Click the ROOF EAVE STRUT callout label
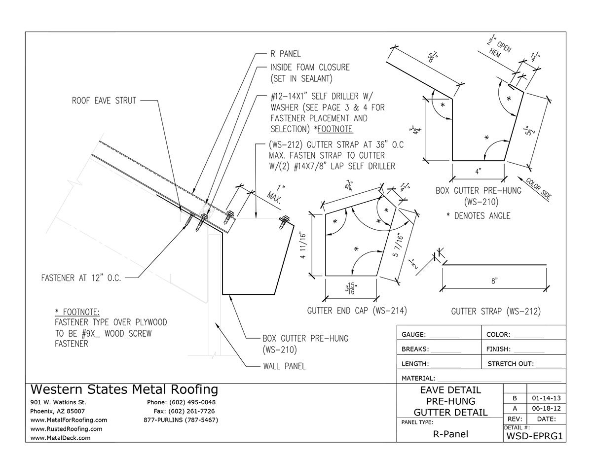pos(102,100)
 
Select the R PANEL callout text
pos(285,54)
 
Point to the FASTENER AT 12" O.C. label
pos(81,278)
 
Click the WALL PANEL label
pos(284,366)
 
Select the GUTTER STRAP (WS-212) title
pos(496,311)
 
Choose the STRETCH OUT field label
pos(510,364)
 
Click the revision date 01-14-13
pos(545,397)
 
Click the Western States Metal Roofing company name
pos(124,389)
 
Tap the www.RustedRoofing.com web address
pos(66,429)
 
